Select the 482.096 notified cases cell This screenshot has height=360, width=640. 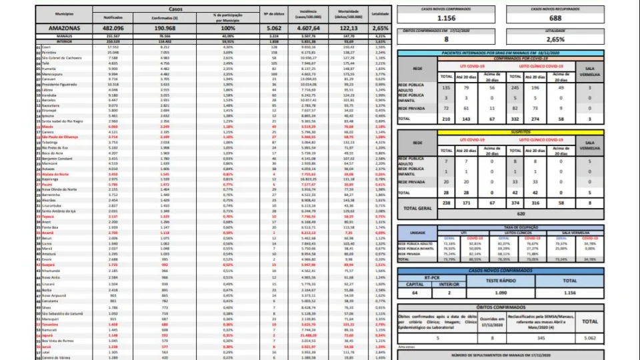113,29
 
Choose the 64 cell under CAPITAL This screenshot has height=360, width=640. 414,293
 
